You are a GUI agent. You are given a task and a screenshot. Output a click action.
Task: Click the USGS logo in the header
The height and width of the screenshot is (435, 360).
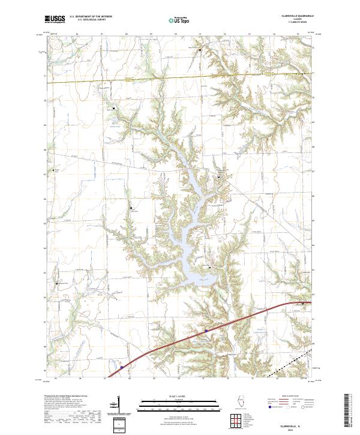pos(55,19)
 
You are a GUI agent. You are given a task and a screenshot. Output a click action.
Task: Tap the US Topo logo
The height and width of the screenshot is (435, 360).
pos(179,20)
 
